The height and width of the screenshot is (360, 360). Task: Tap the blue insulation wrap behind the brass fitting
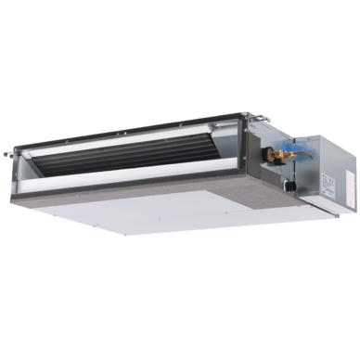(x=298, y=148)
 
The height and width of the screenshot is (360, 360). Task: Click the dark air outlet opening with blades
(x=139, y=158)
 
